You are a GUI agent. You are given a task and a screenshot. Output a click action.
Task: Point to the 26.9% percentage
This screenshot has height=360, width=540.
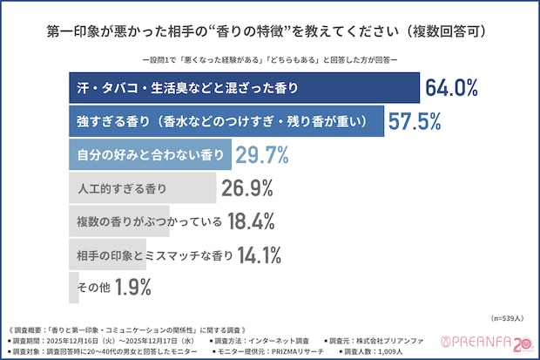[x=247, y=187]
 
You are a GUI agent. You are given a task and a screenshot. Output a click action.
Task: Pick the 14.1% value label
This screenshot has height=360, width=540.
[x=260, y=255]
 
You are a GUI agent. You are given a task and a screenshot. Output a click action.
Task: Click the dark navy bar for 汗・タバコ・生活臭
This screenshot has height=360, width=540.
[x=244, y=87]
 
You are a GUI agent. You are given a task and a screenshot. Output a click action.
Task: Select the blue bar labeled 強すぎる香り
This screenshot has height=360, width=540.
[x=226, y=121]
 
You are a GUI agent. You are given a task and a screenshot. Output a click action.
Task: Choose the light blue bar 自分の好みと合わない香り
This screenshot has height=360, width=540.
[x=149, y=154]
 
